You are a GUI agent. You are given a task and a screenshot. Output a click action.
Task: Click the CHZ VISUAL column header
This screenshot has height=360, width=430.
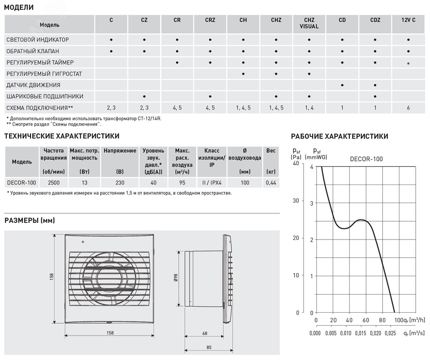click(309, 23)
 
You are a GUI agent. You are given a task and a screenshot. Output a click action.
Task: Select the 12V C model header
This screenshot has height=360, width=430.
click(408, 20)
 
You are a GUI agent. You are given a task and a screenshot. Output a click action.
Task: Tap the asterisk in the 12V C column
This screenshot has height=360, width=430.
click(408, 63)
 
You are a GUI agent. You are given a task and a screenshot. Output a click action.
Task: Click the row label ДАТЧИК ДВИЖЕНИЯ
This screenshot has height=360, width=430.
click(33, 85)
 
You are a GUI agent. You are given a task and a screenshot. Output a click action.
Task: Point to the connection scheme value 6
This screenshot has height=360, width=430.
click(408, 108)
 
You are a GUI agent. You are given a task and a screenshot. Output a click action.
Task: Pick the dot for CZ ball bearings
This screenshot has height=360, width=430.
click(144, 96)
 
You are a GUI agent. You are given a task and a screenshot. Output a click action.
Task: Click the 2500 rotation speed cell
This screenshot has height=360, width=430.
click(54, 183)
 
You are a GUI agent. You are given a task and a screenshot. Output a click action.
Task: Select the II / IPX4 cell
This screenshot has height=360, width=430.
click(212, 183)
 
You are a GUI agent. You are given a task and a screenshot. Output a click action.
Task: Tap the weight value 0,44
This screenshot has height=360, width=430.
click(271, 183)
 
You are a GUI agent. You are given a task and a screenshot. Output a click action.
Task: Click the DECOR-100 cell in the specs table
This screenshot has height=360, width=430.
click(21, 183)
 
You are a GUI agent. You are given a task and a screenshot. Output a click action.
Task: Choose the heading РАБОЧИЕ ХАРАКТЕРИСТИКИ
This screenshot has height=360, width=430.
click(340, 136)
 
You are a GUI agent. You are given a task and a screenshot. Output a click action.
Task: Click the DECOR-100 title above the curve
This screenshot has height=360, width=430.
click(366, 159)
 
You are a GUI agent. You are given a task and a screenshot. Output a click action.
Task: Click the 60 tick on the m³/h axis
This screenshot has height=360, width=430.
click(365, 320)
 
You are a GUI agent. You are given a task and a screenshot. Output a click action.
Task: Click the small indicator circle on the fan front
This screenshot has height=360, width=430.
click(83, 243)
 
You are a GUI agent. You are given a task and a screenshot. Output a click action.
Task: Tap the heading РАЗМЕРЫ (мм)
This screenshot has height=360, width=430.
click(30, 221)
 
